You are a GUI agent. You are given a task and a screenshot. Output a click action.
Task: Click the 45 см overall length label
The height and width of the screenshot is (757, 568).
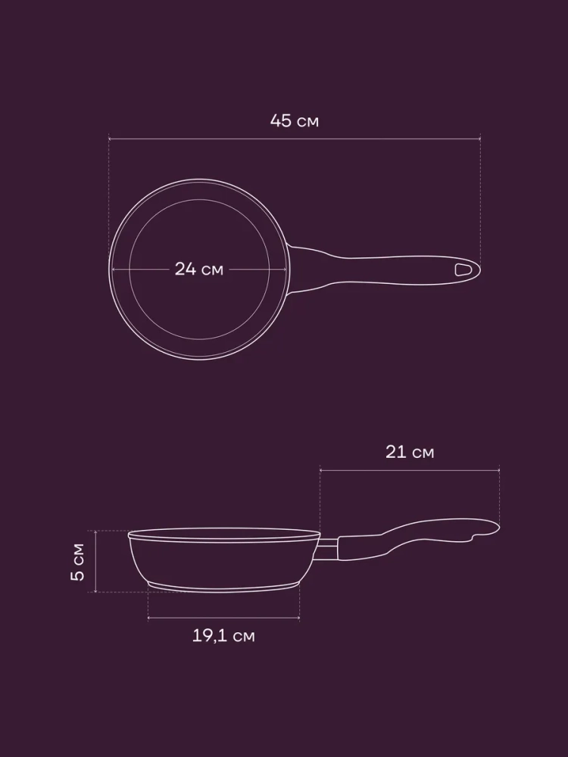[294, 120]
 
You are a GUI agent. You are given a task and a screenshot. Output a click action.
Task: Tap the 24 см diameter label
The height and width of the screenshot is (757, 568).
[199, 269]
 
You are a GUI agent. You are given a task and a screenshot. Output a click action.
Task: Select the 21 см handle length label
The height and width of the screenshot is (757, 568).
[410, 452]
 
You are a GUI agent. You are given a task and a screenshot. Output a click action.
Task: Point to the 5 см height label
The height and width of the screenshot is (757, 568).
[78, 562]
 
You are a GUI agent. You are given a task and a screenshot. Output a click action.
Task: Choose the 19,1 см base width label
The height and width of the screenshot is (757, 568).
[223, 636]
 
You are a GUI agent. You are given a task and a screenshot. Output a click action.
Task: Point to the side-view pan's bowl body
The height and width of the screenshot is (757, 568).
[224, 562]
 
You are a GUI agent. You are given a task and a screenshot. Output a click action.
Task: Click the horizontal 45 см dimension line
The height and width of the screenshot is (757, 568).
[295, 139]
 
